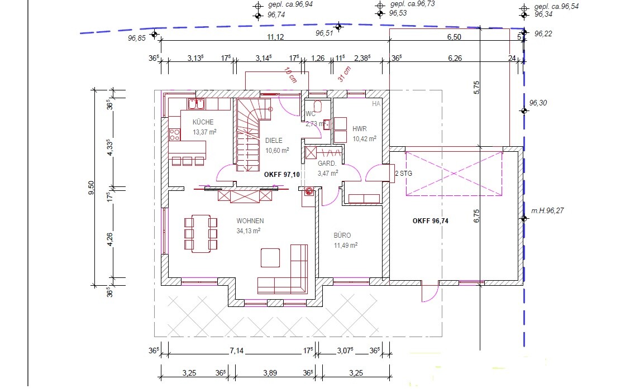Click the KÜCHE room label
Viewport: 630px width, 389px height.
(x=203, y=122)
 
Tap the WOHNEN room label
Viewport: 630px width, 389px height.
(x=250, y=221)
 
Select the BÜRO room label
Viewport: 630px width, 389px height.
(x=342, y=236)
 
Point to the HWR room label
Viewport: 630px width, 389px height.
(x=359, y=129)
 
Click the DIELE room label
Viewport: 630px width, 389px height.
(x=274, y=141)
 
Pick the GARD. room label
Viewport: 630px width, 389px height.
(x=327, y=164)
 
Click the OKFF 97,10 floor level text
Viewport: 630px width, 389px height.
(x=281, y=175)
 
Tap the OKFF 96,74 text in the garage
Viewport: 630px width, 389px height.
(x=430, y=221)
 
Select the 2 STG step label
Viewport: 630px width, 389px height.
(x=403, y=174)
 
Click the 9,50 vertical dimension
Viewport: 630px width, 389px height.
(x=91, y=188)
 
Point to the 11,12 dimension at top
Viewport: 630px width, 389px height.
(x=276, y=37)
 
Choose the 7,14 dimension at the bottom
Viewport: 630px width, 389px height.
(x=237, y=350)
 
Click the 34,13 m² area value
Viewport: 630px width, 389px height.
(x=249, y=231)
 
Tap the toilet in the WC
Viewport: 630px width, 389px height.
(x=317, y=106)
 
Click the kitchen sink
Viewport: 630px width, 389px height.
(x=196, y=104)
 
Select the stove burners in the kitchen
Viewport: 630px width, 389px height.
(x=175, y=135)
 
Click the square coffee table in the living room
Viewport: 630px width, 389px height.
(x=270, y=258)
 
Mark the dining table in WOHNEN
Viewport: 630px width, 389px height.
(x=201, y=234)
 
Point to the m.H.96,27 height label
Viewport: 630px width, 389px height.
(x=547, y=211)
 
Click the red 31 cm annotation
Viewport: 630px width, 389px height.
(x=345, y=74)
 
